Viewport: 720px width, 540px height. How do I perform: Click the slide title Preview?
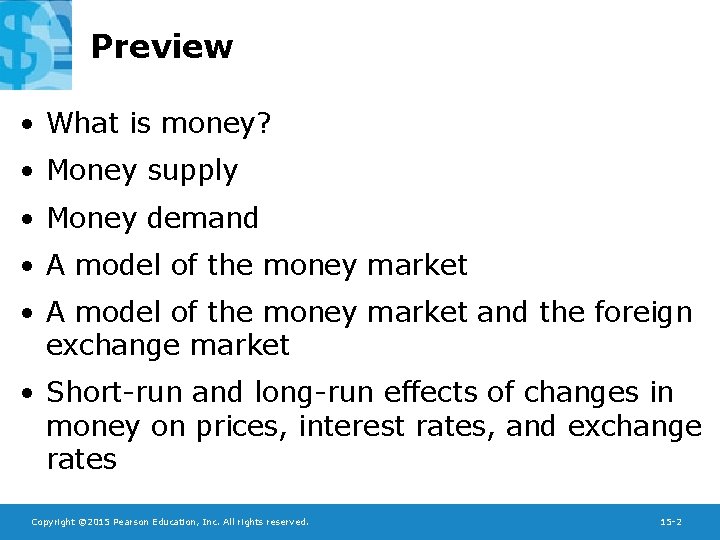point(161,47)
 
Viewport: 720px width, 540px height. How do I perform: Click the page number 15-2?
point(671,522)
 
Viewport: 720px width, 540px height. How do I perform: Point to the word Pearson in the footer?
point(132,522)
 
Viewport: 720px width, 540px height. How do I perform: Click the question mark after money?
point(265,123)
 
